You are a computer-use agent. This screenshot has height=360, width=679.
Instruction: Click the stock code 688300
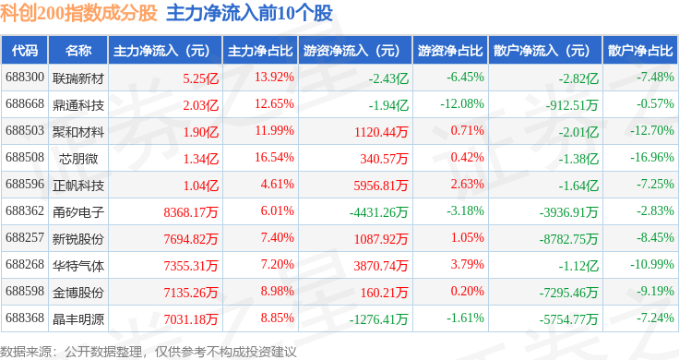25,78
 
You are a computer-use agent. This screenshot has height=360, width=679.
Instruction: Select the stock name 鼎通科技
78,105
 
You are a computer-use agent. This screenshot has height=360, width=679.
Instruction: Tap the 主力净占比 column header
260,51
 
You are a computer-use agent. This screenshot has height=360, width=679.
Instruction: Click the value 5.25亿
200,78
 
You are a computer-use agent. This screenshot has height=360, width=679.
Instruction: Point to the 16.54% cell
274,157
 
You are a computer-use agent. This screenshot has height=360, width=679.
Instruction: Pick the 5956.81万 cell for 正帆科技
381,186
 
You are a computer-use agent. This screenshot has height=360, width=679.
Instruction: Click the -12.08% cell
462,104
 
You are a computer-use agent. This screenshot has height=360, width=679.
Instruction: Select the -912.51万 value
572,105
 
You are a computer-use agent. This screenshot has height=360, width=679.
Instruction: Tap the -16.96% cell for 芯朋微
651,157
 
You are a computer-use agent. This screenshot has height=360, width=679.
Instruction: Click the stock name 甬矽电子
78,212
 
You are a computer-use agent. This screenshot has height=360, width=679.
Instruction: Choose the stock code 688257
25,237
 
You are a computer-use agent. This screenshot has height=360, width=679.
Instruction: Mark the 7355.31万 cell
191,266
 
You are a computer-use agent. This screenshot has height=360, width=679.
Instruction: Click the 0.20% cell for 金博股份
467,291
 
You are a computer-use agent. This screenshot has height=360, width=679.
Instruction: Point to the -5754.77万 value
568,319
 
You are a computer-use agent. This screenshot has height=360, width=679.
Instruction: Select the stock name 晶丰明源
78,319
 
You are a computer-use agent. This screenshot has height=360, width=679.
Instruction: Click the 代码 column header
25,51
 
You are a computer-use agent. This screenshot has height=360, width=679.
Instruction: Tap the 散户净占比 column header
640,51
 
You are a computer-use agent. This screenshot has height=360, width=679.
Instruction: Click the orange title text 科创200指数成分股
78,13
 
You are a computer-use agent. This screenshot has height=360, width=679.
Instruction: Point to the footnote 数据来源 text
26,352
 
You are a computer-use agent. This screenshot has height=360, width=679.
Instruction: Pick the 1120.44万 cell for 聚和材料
381,132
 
